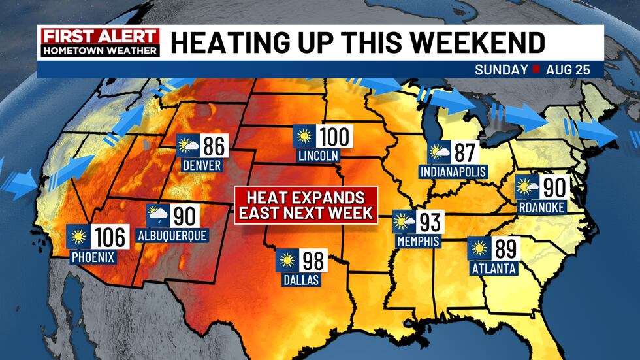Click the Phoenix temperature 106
point(110,237)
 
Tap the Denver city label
point(202,165)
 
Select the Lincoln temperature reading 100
point(335,137)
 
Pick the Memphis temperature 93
point(428,222)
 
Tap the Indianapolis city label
point(454,172)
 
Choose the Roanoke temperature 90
point(552,188)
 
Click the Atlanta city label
point(492,268)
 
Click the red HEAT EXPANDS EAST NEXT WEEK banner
point(307,205)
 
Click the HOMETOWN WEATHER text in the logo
point(99,50)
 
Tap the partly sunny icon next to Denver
point(189,145)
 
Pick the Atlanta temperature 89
point(505,249)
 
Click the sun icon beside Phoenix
point(78,237)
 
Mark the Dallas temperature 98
point(313,261)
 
